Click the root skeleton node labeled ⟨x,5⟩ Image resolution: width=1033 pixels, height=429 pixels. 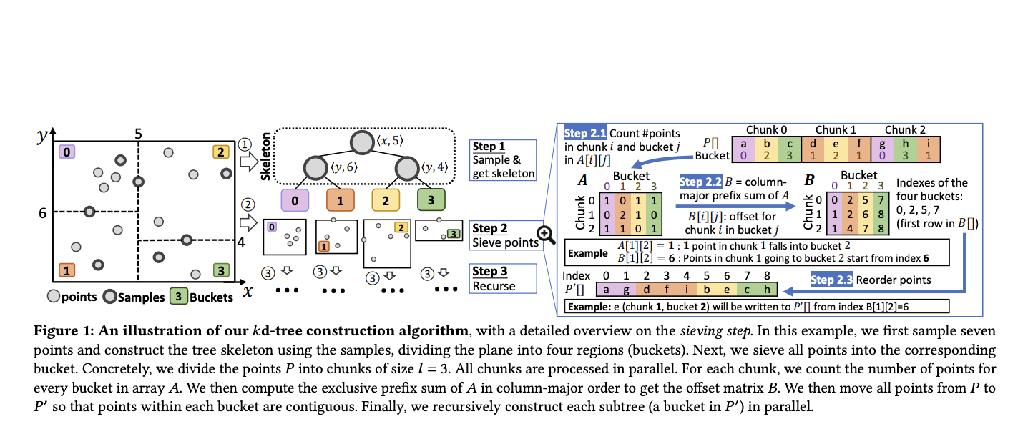point(362,142)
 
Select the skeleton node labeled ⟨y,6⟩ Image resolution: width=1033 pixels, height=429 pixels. point(315,168)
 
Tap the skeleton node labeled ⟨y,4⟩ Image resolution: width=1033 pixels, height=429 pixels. point(407,169)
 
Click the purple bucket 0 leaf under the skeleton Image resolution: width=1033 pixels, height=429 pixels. point(295,200)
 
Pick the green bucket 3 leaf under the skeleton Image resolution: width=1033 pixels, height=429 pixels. point(431,200)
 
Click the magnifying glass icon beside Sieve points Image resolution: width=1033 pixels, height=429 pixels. point(546,235)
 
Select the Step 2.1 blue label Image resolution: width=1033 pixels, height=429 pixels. point(585,133)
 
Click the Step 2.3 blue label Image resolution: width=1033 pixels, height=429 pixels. point(831,280)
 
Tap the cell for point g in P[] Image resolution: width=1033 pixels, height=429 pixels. point(882,149)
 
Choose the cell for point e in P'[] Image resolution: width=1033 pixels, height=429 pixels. point(727,290)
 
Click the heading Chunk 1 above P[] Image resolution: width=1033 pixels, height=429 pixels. point(836,130)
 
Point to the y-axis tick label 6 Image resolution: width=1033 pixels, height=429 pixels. point(42,213)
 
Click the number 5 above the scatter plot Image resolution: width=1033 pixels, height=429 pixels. point(138,134)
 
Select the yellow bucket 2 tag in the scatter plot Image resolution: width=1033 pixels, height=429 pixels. point(221,152)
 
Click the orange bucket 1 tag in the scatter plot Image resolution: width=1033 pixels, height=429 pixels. point(67,270)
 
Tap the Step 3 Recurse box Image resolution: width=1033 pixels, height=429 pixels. point(503,278)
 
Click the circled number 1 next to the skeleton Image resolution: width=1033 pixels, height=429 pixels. point(245,144)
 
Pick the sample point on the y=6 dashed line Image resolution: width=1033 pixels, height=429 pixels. point(89,212)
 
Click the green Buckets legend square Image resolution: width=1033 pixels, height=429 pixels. point(178,296)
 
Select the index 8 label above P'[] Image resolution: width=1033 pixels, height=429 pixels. point(767,275)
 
